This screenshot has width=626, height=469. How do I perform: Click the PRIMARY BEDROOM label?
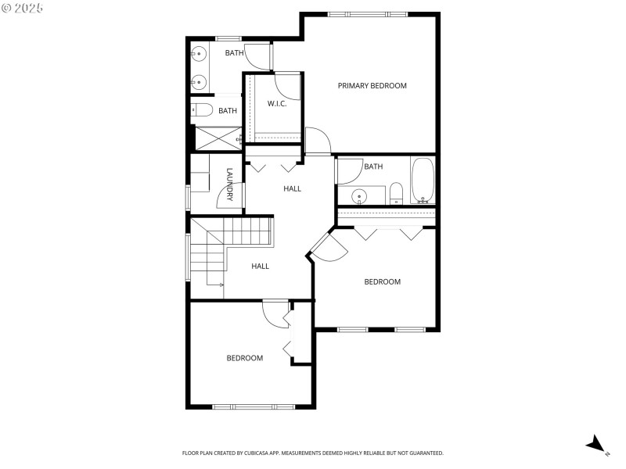372,86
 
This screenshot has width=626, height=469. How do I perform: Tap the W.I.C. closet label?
277,104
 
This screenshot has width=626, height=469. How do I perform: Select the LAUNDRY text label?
230,184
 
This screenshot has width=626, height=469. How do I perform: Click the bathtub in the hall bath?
423,180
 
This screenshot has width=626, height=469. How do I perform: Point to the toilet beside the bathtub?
396,192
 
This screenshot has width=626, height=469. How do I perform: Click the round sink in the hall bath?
359,195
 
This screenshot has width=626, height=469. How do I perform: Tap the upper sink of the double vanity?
199,54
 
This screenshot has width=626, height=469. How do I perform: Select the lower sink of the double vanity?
199,81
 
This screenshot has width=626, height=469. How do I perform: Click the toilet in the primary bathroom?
200,110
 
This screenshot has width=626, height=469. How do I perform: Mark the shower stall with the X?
217,138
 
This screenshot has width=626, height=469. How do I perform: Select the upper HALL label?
292,188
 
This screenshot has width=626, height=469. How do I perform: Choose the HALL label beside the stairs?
261,267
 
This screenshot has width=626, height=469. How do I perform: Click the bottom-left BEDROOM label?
245,358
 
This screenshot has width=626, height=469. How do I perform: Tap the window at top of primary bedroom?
367,14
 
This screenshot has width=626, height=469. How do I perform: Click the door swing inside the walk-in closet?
288,84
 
